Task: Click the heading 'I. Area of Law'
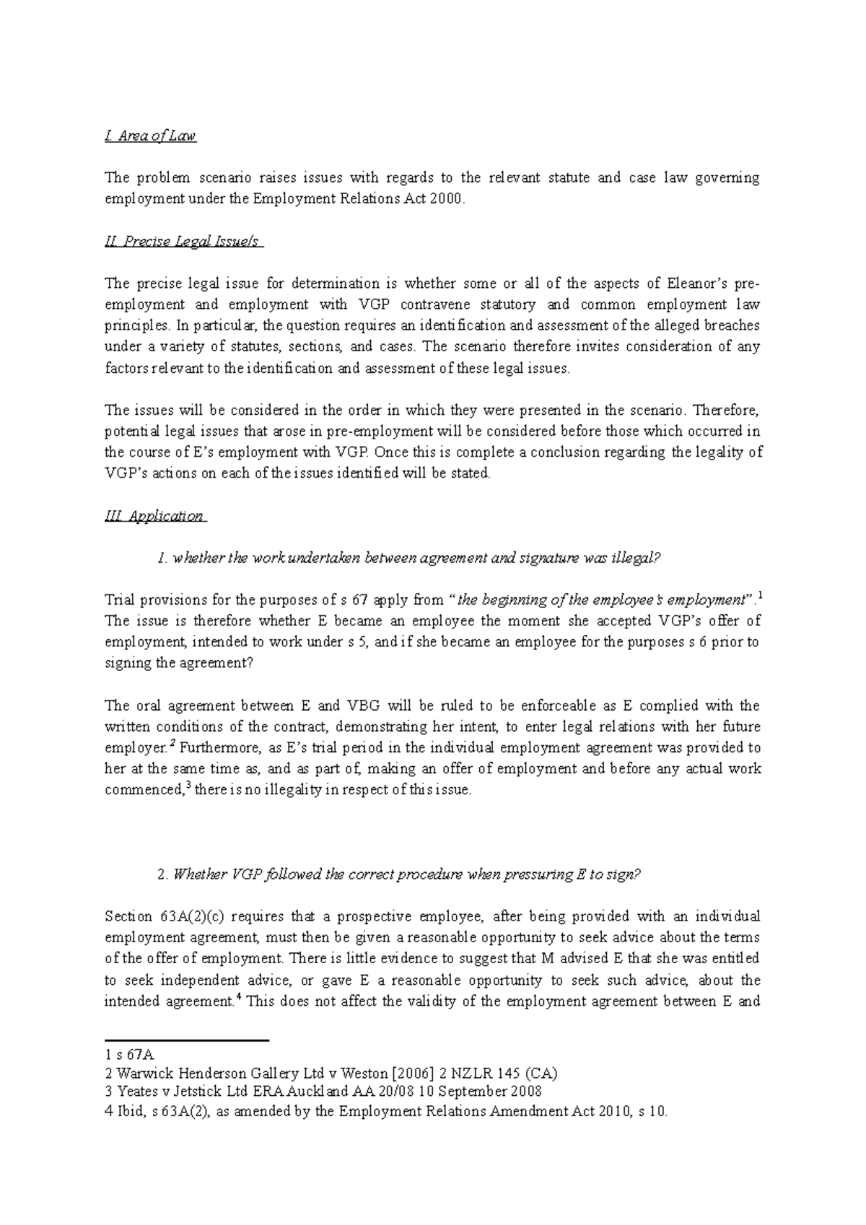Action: click(150, 136)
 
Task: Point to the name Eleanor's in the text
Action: click(714, 283)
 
